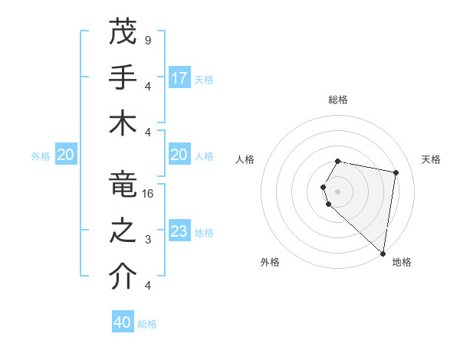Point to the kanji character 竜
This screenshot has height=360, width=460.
point(123,185)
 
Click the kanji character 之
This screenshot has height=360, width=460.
point(123,231)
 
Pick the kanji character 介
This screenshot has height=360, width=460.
point(123,277)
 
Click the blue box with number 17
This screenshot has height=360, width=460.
point(179,78)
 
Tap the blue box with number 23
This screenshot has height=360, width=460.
point(179,231)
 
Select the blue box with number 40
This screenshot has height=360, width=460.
point(123,322)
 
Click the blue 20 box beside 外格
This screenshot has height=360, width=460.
point(65,155)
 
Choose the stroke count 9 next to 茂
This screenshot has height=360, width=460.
point(147,41)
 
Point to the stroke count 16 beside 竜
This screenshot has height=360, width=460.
point(149,194)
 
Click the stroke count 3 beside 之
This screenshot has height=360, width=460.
point(147,241)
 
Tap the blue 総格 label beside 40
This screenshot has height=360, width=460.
point(148,324)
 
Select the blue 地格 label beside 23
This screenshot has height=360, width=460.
point(204,232)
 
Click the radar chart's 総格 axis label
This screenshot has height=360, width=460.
point(338,100)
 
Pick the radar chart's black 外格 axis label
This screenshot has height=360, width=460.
point(269,262)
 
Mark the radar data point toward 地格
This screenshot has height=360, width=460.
point(383,253)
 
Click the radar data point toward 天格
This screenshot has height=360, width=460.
point(396,173)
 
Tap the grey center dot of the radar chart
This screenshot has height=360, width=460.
point(338,191)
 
